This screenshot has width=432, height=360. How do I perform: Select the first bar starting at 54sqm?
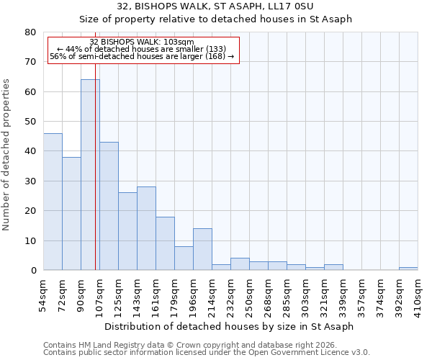point(53,202)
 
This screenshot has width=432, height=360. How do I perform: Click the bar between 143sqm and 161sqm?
point(146,228)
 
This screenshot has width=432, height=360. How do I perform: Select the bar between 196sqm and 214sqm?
point(202,249)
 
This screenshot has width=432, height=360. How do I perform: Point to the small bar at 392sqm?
point(408,269)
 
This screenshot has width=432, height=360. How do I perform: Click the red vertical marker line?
point(96,180)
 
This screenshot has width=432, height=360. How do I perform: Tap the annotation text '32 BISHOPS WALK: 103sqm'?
point(142,42)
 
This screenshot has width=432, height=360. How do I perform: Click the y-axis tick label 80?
point(30,32)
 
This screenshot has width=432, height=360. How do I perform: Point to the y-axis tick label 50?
point(30,122)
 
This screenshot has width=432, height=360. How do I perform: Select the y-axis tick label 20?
point(30,211)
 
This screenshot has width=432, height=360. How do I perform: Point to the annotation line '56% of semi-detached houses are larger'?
point(142,56)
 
